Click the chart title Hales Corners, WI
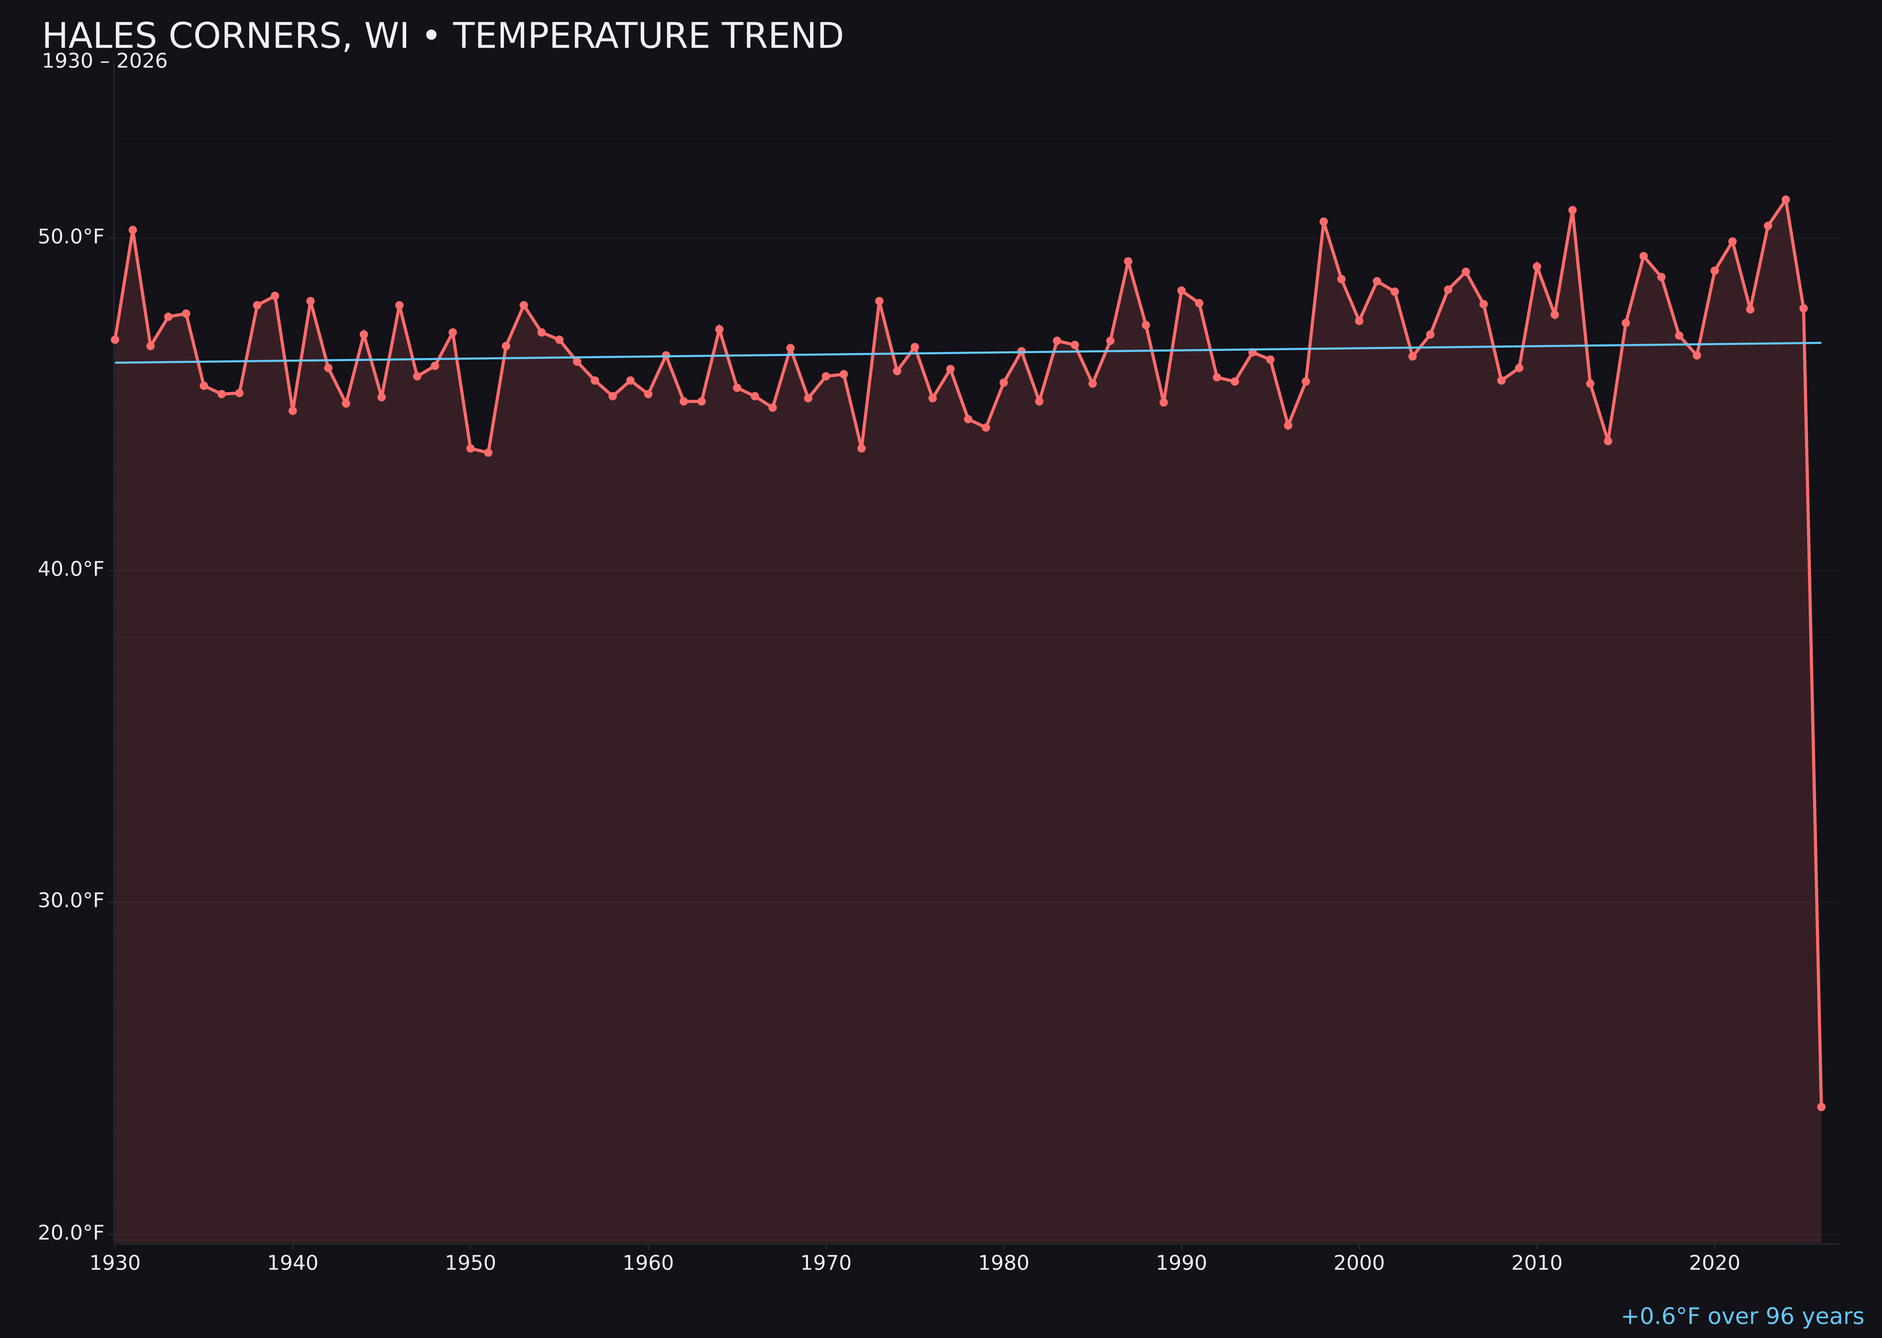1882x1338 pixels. click(x=442, y=36)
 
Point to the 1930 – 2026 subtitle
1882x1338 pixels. click(x=104, y=62)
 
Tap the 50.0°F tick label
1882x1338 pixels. click(x=71, y=237)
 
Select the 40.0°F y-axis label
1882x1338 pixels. click(x=71, y=569)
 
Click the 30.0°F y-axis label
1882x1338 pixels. click(x=71, y=900)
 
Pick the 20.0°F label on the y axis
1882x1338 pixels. click(x=71, y=1233)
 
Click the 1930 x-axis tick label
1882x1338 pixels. click(x=114, y=1263)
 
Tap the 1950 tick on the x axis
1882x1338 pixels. click(x=470, y=1263)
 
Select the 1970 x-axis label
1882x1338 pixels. click(x=826, y=1263)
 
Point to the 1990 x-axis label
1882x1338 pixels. click(x=1181, y=1263)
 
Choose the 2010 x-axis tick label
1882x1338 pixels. click(x=1537, y=1263)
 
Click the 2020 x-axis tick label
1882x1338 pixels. click(x=1715, y=1263)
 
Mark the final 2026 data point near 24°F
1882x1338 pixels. click(x=1821, y=1107)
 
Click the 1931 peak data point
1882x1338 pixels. click(x=133, y=230)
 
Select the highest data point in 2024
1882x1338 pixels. click(x=1786, y=199)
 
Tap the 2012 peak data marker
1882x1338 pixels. click(x=1572, y=210)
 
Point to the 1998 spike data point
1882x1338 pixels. click(x=1324, y=222)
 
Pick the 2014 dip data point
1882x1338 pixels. click(x=1608, y=441)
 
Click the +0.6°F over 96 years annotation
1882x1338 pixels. click(x=1742, y=1316)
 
